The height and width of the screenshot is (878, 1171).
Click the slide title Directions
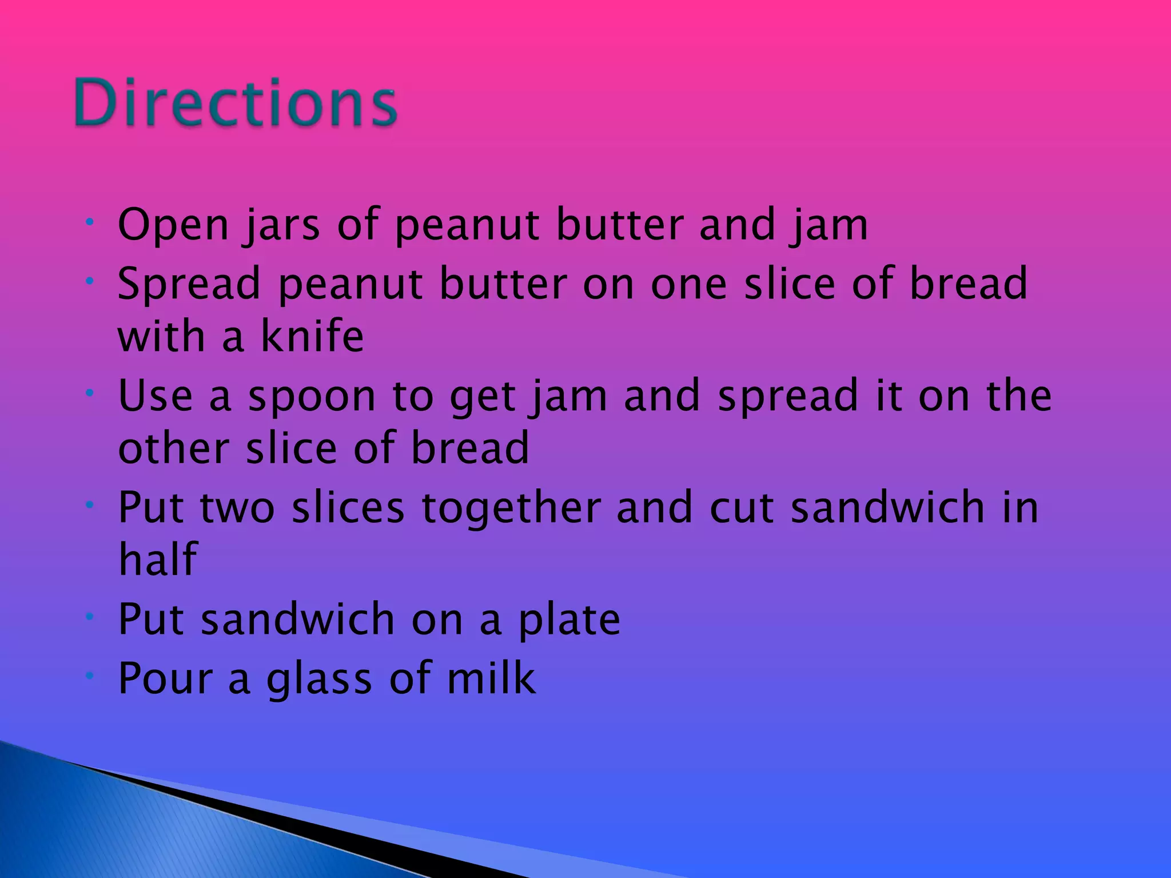click(x=236, y=103)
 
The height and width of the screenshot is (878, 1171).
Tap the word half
click(x=158, y=559)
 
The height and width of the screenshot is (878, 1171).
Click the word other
click(x=174, y=448)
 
